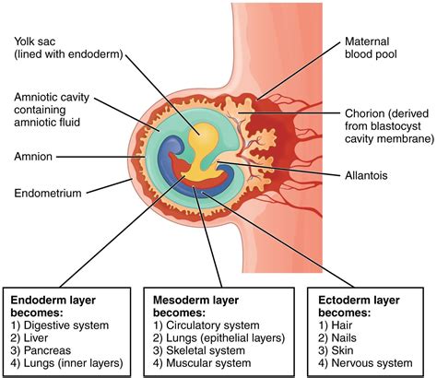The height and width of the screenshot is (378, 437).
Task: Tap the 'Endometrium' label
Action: pyautogui.click(x=48, y=194)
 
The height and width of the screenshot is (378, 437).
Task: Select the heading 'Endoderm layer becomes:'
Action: pyautogui.click(x=54, y=306)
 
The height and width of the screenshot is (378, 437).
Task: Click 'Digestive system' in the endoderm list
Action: pyautogui.click(x=64, y=325)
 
